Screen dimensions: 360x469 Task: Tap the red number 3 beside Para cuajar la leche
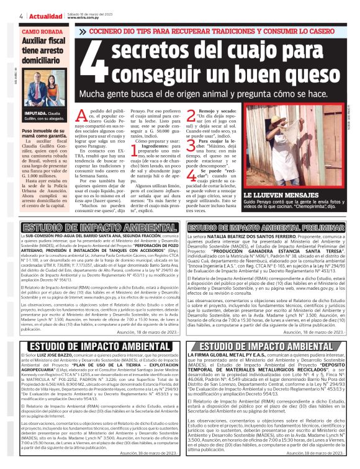[190, 145]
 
